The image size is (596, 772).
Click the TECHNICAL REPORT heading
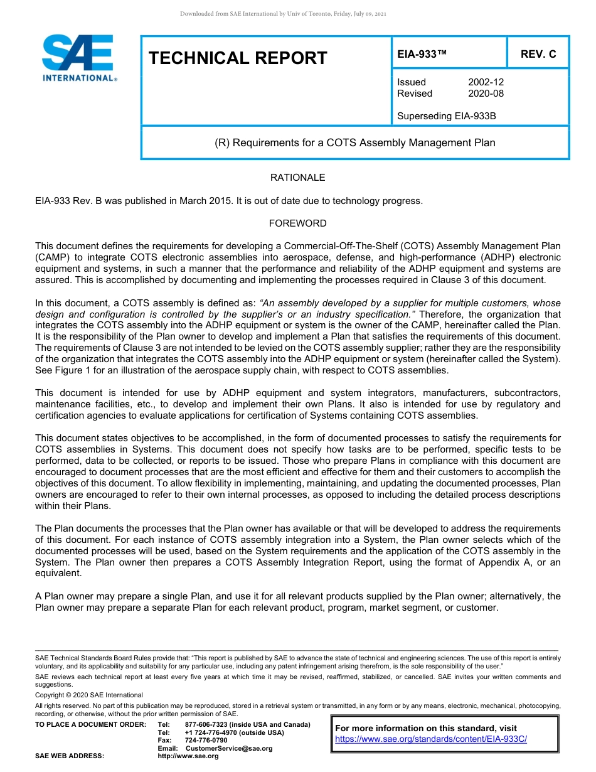tap(238, 58)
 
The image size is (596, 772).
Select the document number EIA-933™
tap(422, 55)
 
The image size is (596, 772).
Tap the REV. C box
tap(538, 55)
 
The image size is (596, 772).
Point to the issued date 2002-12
tap(486, 82)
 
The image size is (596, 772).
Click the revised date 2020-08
tap(486, 94)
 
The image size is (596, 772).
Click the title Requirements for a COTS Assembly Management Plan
tap(355, 142)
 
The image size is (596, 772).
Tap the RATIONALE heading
tap(297, 178)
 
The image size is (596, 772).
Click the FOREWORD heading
tap(297, 223)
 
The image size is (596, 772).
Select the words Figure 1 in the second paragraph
tap(74, 370)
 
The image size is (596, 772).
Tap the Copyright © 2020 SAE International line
tap(89, 695)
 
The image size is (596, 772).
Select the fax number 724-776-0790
tap(206, 741)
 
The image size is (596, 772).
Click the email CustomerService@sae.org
tap(229, 748)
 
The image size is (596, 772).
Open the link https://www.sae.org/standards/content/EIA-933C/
tap(431, 739)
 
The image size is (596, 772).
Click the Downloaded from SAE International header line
tap(283, 13)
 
